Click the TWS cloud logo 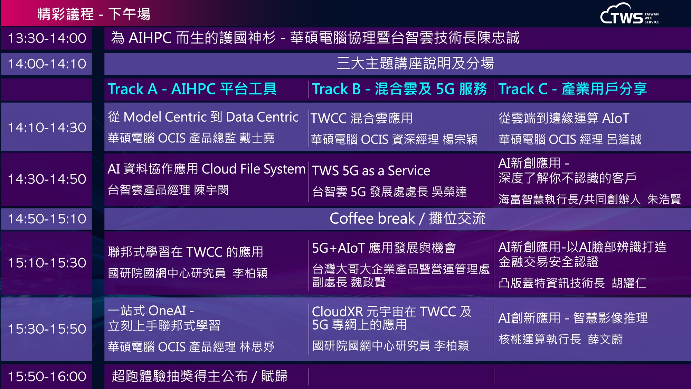coord(630,14)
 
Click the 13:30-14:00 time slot coord(47,38)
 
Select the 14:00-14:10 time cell coord(47,64)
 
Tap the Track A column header coord(192,89)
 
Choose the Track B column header coord(399,89)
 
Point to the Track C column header coord(572,89)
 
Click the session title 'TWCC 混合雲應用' coord(362,118)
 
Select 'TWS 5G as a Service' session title coord(371,171)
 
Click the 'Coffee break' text coord(372,219)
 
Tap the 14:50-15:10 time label coord(47,219)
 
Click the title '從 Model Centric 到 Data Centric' coord(203,117)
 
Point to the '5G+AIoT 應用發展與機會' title coord(384,248)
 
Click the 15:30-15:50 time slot coord(47,329)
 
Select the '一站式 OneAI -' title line coord(151,311)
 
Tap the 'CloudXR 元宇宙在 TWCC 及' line coord(392,312)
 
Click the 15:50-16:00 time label coord(47,377)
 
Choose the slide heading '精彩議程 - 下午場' coord(94,14)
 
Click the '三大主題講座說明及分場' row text coord(415,64)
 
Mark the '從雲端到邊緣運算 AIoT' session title coord(564,118)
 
